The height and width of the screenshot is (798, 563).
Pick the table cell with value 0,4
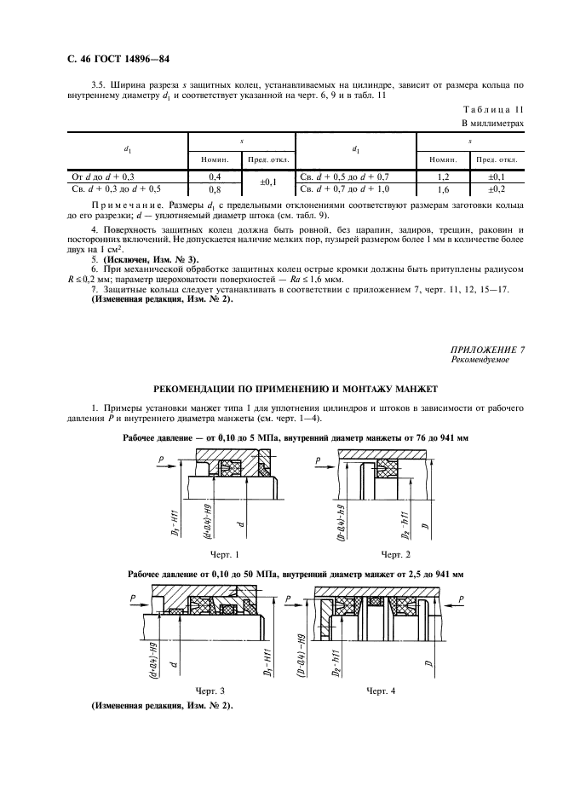[215, 176]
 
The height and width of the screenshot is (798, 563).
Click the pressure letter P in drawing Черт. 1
[161, 459]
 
